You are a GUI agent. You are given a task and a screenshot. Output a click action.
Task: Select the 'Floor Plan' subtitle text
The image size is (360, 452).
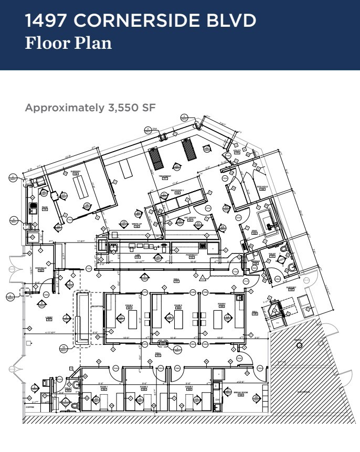click(68, 43)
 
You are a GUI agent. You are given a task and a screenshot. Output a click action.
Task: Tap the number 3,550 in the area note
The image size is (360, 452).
click(122, 108)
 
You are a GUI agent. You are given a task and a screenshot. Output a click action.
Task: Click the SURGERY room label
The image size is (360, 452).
click(75, 172)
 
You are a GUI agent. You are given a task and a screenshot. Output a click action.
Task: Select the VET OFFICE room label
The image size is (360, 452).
click(180, 220)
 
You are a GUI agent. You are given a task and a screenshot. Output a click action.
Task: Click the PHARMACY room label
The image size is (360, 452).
click(192, 255)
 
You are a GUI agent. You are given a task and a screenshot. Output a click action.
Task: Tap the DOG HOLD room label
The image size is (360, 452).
click(262, 186)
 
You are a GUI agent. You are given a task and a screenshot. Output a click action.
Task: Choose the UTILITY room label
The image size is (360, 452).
click(237, 151)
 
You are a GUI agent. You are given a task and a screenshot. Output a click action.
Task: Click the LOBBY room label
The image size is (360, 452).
click(48, 317)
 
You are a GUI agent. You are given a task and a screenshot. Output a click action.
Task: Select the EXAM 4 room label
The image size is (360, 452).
click(129, 305)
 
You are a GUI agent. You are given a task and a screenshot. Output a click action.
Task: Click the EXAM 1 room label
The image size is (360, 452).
click(103, 387)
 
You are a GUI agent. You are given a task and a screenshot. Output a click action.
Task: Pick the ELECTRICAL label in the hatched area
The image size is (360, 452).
click(303, 392)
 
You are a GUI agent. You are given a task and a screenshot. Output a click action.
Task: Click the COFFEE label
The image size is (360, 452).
click(29, 406)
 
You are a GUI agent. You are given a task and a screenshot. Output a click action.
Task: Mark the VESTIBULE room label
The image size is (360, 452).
click(41, 268)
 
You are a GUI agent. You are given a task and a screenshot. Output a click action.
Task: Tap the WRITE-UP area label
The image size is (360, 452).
click(136, 224)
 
